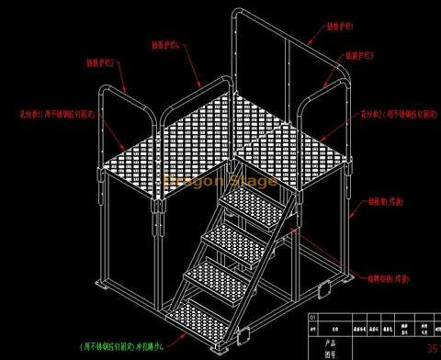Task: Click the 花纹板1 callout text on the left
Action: pos(50,116)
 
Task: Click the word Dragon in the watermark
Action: pos(190,181)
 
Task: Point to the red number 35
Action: pos(433,349)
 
